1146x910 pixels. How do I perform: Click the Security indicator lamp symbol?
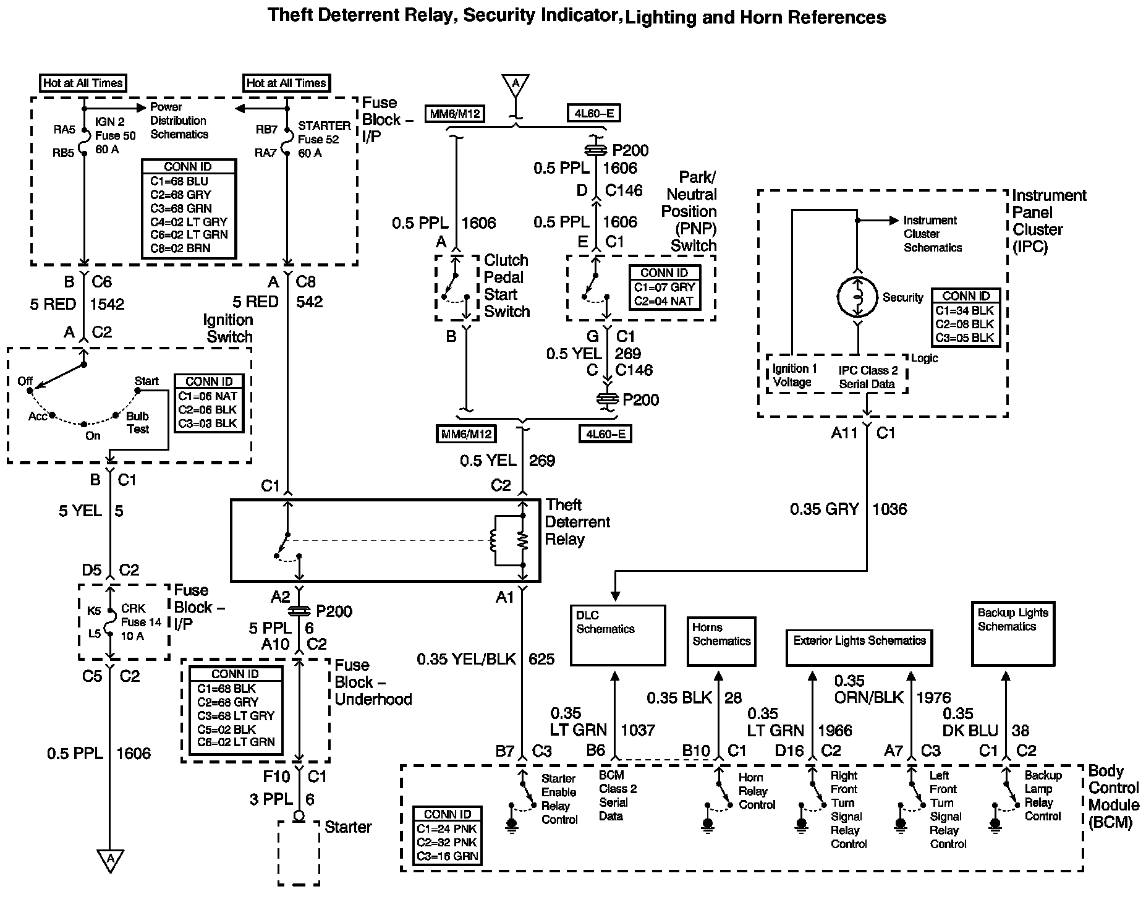click(857, 297)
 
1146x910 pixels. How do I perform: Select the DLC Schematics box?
click(617, 634)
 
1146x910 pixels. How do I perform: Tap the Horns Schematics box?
click(721, 641)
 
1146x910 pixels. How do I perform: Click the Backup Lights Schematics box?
click(1012, 634)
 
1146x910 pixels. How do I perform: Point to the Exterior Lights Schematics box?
click(859, 647)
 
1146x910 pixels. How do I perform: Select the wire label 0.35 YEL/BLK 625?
click(485, 659)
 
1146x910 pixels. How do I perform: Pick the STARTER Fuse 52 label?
click(323, 139)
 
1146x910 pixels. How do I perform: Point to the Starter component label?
click(348, 827)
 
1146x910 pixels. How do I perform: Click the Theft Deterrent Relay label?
click(577, 522)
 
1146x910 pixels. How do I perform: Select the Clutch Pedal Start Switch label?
click(507, 286)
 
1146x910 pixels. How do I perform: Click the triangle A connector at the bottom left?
click(110, 859)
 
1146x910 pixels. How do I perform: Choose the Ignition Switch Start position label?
click(146, 381)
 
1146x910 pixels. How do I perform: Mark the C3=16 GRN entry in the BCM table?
click(447, 856)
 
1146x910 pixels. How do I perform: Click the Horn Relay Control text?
click(757, 791)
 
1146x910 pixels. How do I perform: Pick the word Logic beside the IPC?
click(925, 358)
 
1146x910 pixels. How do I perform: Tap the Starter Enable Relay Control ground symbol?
click(511, 826)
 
